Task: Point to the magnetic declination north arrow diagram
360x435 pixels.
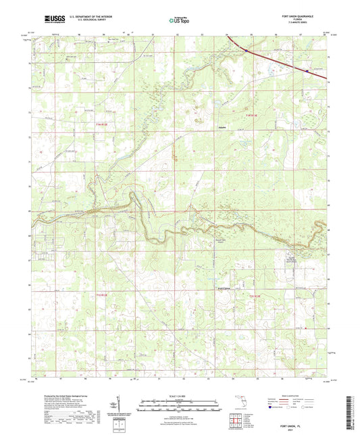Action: click(x=119, y=403)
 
